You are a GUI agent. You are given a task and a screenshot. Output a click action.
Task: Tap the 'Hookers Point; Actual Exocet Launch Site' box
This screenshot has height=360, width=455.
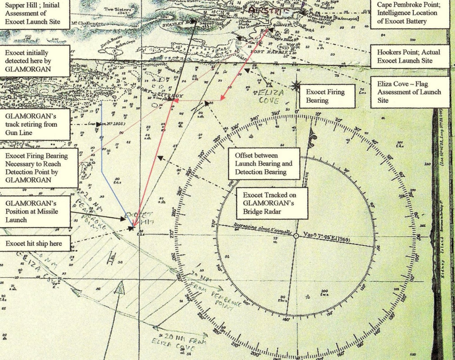click(410, 56)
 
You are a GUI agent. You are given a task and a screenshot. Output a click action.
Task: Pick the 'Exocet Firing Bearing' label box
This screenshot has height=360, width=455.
click(325, 96)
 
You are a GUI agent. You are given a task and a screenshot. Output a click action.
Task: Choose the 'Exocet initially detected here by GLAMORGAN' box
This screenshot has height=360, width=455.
click(35, 61)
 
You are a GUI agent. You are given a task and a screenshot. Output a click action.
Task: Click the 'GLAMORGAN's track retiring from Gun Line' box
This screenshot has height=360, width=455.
click(35, 124)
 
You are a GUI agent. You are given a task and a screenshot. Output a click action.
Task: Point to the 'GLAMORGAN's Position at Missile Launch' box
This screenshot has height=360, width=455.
click(35, 211)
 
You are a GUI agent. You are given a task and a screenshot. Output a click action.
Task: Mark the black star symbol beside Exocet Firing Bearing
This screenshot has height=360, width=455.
click(296, 85)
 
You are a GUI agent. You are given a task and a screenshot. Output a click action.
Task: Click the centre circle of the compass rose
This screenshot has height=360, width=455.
click(296, 236)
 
